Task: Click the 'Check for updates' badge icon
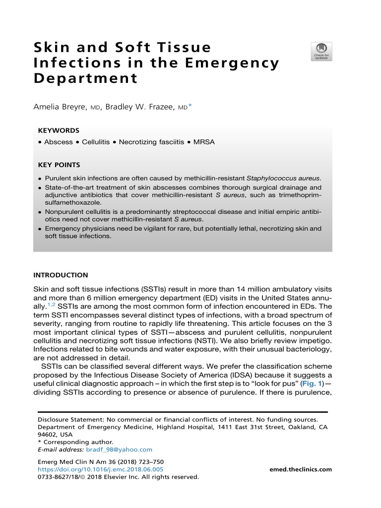point(321,52)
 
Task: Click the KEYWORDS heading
point(59,130)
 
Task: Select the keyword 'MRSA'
point(204,142)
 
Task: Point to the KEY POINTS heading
point(59,165)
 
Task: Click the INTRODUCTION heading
point(61,275)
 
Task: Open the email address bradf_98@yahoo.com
point(119,449)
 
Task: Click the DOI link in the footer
point(100,469)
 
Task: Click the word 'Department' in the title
point(85,79)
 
